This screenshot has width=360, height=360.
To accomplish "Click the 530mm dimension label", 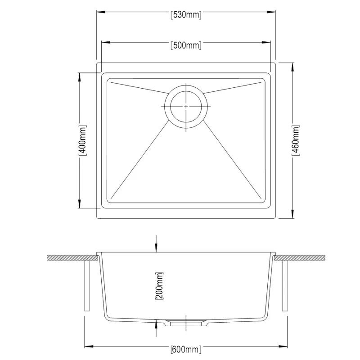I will [x=186, y=14].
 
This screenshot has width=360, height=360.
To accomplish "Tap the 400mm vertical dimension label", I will [x=83, y=140].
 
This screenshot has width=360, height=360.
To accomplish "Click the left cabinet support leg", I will [x=87, y=286].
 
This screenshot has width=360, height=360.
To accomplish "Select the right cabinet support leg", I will [x=284, y=286].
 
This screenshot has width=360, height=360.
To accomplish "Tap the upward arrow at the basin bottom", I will [x=156, y=322].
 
